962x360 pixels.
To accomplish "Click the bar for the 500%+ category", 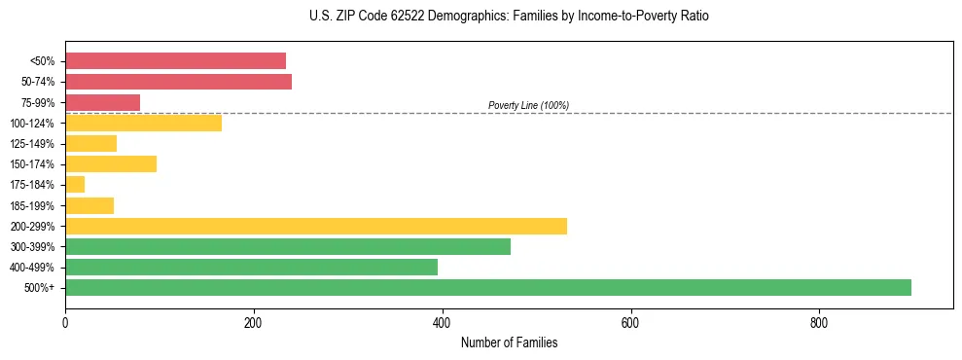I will coord(487,287).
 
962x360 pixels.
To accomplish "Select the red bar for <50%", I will coord(175,60).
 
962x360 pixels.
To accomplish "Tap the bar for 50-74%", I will coord(178,82).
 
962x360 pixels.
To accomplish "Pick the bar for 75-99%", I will coord(102,102).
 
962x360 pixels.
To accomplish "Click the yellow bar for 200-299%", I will coord(315,226).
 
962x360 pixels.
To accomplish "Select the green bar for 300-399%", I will coord(287,246).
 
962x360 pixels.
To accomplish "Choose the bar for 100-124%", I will coord(143,123).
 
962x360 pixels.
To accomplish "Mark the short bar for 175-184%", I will coord(75,184).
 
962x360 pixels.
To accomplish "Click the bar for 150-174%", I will coord(110,163).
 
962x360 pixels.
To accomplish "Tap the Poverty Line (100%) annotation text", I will coord(528,105).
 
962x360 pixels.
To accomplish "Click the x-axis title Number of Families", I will coord(509,342).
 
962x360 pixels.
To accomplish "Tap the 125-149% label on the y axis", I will coord(32,144).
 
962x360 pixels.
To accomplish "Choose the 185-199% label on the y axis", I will coord(32,205).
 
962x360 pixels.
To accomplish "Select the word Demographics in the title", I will coord(444,17).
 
